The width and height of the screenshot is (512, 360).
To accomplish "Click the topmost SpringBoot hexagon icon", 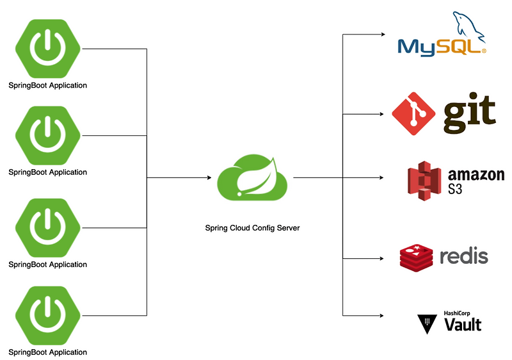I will (48, 48).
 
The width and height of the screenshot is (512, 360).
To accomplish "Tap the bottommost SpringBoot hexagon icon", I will (48, 315).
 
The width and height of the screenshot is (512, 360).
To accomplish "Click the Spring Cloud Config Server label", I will (252, 228).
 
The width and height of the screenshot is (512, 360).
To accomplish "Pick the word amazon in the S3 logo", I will (476, 174).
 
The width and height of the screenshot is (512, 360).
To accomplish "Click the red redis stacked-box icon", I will (417, 257).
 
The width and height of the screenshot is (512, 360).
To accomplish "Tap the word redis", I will (464, 256).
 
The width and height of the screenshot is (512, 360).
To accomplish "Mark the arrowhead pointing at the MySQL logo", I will (382, 34).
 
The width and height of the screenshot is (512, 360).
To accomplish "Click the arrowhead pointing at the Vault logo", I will (382, 315).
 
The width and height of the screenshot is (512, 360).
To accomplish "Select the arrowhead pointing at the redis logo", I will (382, 258).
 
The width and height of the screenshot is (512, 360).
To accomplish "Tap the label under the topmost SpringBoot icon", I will (48, 85).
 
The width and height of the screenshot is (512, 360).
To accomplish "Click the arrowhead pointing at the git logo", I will (382, 114).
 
